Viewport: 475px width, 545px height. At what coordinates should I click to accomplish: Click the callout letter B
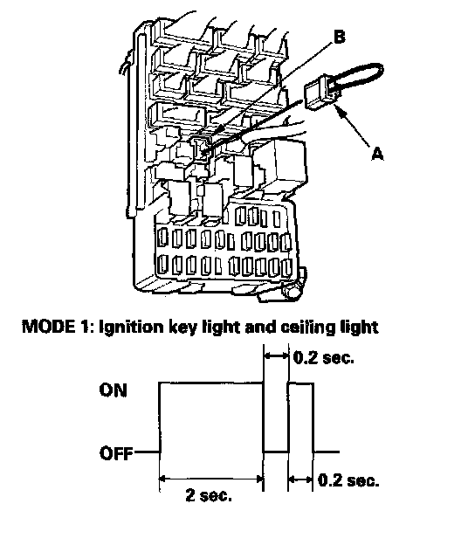coord(339,37)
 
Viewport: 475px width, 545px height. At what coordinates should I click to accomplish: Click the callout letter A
coord(377,153)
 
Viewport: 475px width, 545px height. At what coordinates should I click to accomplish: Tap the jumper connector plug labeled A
coord(320,93)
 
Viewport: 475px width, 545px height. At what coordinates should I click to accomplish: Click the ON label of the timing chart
coord(114,390)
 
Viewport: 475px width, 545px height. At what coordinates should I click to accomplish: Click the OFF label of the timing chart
coord(116,453)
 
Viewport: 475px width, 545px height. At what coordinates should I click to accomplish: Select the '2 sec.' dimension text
coord(209,495)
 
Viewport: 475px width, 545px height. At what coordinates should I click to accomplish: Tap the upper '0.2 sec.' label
coord(323,357)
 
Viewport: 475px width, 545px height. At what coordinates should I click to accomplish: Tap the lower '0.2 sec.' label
coord(348,480)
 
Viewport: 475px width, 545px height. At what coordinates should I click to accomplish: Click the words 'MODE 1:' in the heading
coord(59,327)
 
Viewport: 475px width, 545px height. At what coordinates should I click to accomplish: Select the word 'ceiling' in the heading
coord(305,328)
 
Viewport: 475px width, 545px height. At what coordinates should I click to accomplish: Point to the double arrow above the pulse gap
coord(276,355)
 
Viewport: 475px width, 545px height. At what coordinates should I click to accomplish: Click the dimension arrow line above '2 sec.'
coord(211,479)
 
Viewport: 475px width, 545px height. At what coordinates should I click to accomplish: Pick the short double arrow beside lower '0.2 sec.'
coord(300,479)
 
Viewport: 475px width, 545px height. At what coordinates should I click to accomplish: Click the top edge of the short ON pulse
coord(301,383)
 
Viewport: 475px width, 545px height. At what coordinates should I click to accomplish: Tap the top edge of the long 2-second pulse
coord(211,383)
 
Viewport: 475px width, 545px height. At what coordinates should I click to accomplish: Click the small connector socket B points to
coord(202,148)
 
